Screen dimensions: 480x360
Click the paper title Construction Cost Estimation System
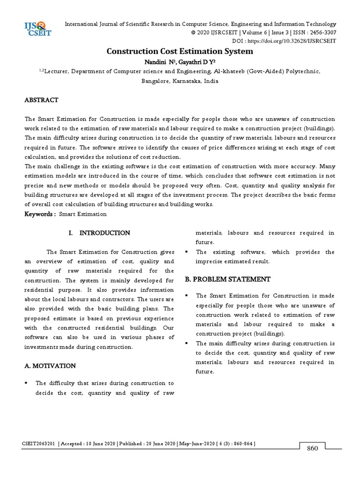[180, 51]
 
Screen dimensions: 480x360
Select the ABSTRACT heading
[41, 100]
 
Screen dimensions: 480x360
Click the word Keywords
[40, 214]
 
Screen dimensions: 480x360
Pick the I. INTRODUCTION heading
[99, 233]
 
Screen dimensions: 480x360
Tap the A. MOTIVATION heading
[50, 366]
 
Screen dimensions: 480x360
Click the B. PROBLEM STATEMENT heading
[227, 279]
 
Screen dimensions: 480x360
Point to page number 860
[313, 448]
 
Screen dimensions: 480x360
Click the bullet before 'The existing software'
[187, 252]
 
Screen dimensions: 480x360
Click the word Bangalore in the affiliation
[157, 81]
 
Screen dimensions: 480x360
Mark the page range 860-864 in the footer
[241, 443]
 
